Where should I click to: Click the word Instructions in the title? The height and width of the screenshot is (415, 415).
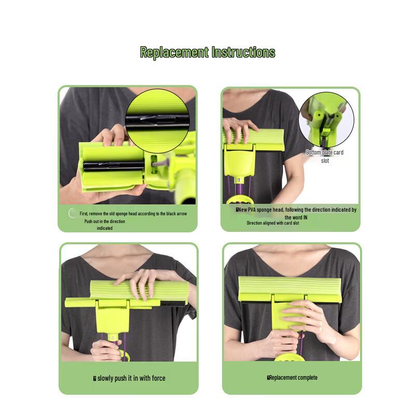point(243,52)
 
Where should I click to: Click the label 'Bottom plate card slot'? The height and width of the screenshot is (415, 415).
point(325,156)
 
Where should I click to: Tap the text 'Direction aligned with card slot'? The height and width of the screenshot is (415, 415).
point(273,223)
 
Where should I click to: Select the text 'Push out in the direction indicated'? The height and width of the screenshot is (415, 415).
point(105,225)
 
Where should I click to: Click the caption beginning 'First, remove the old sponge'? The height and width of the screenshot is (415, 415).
point(133,213)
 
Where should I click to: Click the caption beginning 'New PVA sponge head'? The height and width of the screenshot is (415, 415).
point(296,213)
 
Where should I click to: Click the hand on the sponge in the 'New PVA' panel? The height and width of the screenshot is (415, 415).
point(239,130)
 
